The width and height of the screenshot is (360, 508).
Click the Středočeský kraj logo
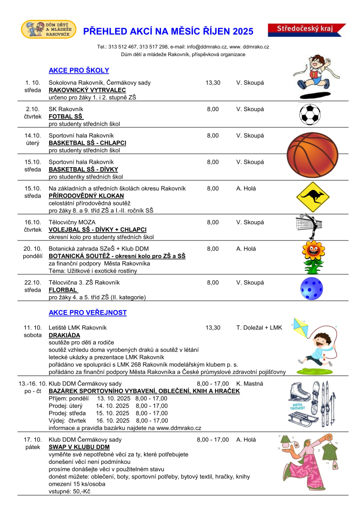coord(307,30)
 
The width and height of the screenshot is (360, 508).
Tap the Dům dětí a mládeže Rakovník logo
coord(49,30)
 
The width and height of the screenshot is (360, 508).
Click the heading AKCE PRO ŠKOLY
coord(78,70)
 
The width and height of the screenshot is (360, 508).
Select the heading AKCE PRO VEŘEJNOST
coord(87,313)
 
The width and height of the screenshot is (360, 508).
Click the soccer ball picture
coord(310,114)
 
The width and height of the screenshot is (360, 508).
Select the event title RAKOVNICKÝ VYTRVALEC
coord(87,90)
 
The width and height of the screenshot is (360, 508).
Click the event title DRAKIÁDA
coord(65,335)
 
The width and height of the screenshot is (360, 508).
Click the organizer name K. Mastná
coord(249,383)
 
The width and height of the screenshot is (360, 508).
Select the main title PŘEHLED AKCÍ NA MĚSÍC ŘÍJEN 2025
coord(168,32)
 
